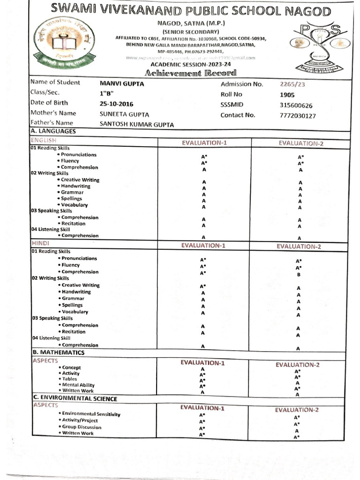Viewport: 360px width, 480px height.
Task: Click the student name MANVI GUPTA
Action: pos(122,83)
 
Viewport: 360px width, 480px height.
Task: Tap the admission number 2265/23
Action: pos(292,84)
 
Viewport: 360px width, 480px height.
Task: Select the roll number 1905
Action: pos(286,95)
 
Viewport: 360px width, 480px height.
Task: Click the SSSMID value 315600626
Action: pos(296,105)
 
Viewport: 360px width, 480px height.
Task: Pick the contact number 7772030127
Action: pos(297,116)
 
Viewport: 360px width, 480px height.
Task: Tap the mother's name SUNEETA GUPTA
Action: pos(124,114)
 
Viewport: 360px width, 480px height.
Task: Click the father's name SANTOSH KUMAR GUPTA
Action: pos(136,125)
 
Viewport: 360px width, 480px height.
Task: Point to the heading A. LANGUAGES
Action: pos(53,132)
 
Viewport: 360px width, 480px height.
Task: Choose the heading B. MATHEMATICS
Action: pos(58,352)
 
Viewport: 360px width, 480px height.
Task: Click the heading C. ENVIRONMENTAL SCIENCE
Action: pos(75,398)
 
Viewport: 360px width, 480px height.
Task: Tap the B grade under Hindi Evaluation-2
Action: pos(298,275)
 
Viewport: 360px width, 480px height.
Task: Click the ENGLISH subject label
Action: pos(43,140)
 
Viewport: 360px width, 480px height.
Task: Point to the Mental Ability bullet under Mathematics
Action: pos(78,385)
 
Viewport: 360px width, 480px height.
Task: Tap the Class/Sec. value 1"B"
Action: pos(107,93)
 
